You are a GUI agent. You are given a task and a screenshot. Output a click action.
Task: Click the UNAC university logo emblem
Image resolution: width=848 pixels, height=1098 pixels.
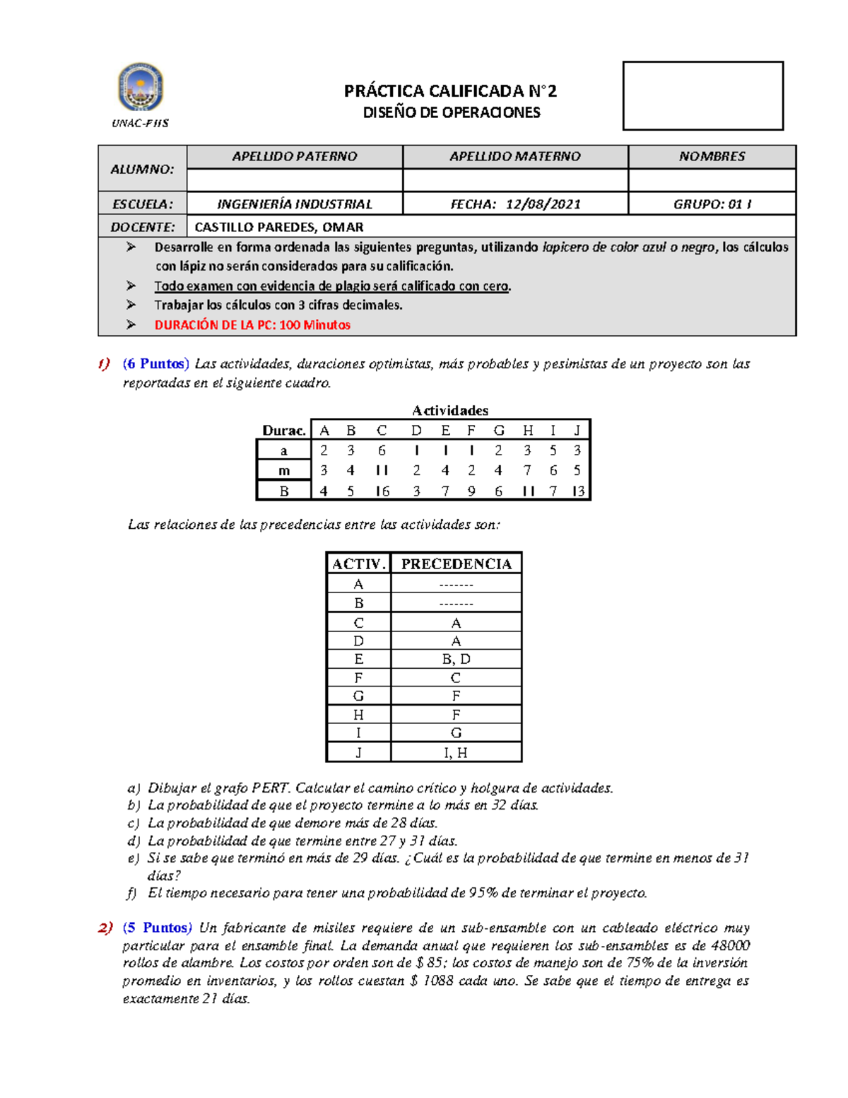click(140, 88)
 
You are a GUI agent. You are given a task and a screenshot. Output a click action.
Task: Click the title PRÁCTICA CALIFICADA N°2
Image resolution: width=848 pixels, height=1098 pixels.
click(450, 91)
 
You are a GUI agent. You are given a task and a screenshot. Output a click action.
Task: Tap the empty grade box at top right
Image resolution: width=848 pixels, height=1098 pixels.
click(702, 95)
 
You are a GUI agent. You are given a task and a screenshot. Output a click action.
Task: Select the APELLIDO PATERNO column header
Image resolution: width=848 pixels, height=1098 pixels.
click(294, 156)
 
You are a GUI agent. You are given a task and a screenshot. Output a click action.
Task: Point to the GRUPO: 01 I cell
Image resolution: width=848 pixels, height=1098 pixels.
click(712, 204)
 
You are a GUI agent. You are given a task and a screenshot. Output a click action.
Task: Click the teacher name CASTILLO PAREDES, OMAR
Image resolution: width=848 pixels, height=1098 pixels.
click(279, 227)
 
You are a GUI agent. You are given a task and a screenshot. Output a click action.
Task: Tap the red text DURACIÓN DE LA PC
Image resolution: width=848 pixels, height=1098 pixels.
click(252, 325)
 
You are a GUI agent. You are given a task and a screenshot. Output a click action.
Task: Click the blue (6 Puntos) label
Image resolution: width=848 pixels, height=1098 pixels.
click(155, 364)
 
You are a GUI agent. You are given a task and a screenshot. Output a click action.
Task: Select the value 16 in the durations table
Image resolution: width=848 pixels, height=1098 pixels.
click(382, 491)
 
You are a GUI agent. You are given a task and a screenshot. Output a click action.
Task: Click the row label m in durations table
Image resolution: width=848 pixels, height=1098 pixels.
click(284, 471)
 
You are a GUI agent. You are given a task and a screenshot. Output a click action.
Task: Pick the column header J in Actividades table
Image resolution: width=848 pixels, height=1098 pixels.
click(577, 431)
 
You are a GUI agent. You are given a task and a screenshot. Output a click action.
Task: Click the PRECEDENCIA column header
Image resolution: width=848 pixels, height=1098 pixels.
click(456, 563)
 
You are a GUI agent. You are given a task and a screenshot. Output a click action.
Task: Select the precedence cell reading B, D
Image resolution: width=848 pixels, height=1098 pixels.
click(456, 659)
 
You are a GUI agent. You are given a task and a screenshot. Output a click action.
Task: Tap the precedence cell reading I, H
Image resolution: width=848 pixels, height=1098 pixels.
click(456, 752)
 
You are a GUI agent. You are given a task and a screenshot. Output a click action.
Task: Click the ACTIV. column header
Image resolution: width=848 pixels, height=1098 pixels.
click(359, 563)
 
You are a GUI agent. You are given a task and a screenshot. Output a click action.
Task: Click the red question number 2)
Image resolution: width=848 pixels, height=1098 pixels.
click(105, 928)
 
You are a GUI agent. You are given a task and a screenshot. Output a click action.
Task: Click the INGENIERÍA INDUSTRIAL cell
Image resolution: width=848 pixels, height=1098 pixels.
click(294, 204)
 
